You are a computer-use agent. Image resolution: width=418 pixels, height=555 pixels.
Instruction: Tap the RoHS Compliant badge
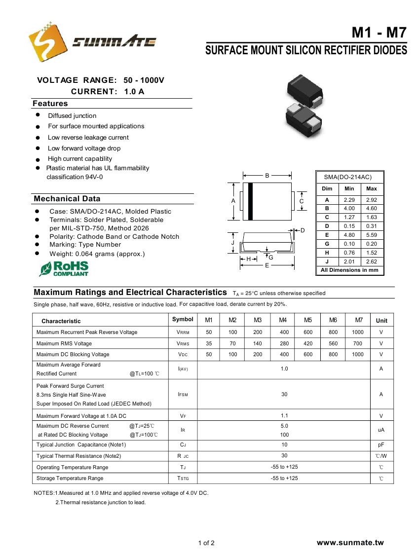pos(64,268)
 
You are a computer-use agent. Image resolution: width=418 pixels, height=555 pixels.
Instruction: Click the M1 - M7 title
pos(379,33)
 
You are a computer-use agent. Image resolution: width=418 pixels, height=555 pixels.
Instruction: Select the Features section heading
pos(50,104)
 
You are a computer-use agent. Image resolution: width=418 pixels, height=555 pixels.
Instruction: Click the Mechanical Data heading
pos(67,199)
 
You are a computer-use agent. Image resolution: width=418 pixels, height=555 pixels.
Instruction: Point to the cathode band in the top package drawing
pos(250,201)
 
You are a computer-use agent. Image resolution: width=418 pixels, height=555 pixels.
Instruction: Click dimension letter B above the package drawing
pos(267,175)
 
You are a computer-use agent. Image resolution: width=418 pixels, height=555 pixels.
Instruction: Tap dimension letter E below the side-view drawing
pos(267,265)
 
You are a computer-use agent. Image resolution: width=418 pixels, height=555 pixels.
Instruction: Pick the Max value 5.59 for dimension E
pos(372,235)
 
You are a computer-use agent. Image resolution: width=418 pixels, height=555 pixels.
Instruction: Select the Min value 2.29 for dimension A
pos(349,200)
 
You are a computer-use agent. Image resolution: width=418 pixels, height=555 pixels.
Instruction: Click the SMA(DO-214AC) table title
pos(347,177)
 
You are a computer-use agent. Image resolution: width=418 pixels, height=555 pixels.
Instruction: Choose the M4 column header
pos(283,320)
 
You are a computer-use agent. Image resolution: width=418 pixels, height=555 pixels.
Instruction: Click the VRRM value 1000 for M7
pos(358,333)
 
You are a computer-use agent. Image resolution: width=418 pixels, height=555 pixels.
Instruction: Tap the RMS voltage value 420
pos(308,343)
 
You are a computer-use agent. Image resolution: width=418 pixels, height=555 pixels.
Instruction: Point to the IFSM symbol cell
pos(182,395)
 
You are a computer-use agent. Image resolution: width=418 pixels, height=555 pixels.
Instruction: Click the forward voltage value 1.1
pos(284,415)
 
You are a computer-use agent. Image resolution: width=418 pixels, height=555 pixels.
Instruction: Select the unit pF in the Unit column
pos(381,444)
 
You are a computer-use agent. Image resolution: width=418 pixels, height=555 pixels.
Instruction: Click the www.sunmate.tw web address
pos(350,543)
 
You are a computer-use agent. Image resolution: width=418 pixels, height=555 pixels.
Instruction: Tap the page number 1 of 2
pos(206,543)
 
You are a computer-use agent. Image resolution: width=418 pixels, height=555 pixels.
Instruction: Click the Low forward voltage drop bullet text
pos(84,148)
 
